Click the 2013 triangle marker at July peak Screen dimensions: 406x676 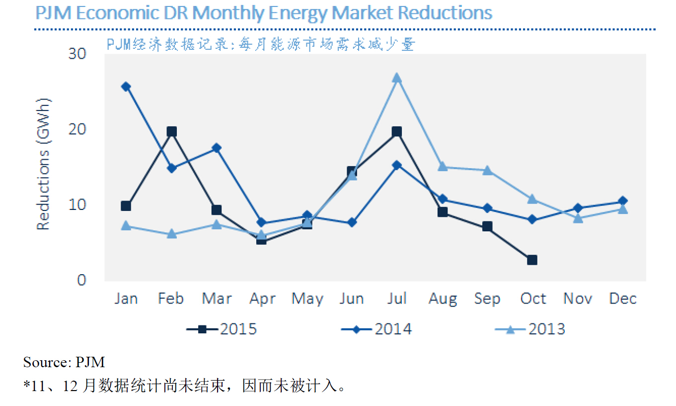tap(396, 78)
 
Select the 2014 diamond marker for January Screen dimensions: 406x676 tap(126, 87)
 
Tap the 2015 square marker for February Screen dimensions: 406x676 tap(171, 132)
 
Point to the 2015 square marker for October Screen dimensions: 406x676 tap(532, 260)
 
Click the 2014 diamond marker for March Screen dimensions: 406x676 tap(217, 148)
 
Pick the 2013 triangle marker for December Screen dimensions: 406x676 tap(622, 209)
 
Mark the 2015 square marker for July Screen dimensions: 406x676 tap(396, 132)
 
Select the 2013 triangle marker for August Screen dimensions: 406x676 tap(442, 167)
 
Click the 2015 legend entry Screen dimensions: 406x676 tap(222, 329)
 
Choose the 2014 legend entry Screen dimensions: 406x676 tap(376, 329)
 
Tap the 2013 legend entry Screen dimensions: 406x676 tap(530, 329)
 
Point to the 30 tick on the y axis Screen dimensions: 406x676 tap(77, 54)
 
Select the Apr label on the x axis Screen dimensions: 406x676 tap(262, 299)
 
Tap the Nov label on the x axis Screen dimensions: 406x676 tap(577, 299)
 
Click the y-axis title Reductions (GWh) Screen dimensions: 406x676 tap(44, 164)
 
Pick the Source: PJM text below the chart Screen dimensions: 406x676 tap(64, 362)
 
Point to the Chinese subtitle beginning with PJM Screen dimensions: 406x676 tap(260, 45)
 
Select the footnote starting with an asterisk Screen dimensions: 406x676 tap(184, 386)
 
